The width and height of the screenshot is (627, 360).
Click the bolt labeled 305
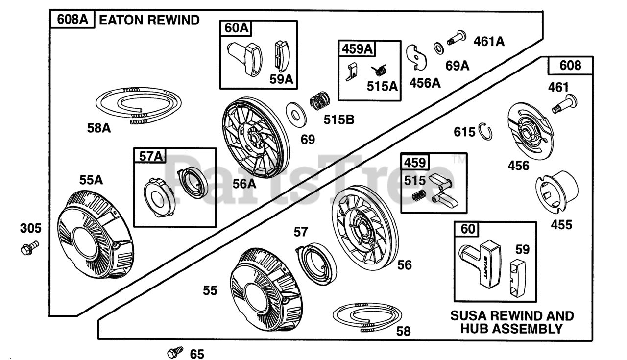click(30, 247)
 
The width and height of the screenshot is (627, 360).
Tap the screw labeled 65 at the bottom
click(175, 352)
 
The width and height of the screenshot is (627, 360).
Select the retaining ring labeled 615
click(485, 131)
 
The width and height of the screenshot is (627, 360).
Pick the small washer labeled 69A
click(439, 48)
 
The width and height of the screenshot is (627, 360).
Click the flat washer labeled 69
click(296, 115)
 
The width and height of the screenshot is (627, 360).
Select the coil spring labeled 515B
click(320, 100)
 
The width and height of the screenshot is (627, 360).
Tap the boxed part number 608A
click(72, 19)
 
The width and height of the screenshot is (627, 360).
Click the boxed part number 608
click(570, 66)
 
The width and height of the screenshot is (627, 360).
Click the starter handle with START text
click(480, 264)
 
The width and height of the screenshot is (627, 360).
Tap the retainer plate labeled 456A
click(416, 58)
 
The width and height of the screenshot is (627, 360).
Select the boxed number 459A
click(357, 49)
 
